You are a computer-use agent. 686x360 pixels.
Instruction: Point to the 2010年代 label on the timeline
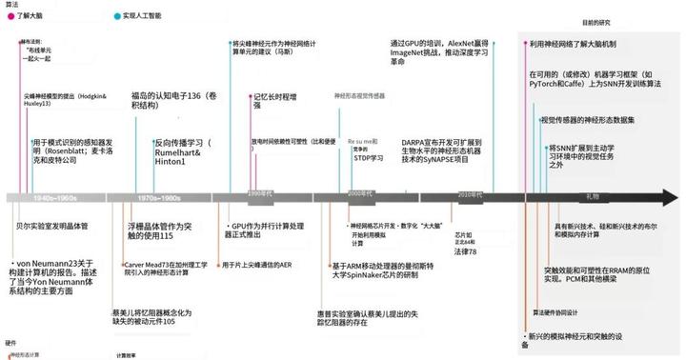point(469,193)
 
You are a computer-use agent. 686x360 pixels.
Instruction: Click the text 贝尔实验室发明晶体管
point(49,226)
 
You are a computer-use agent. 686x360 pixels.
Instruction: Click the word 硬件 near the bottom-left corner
point(11,342)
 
